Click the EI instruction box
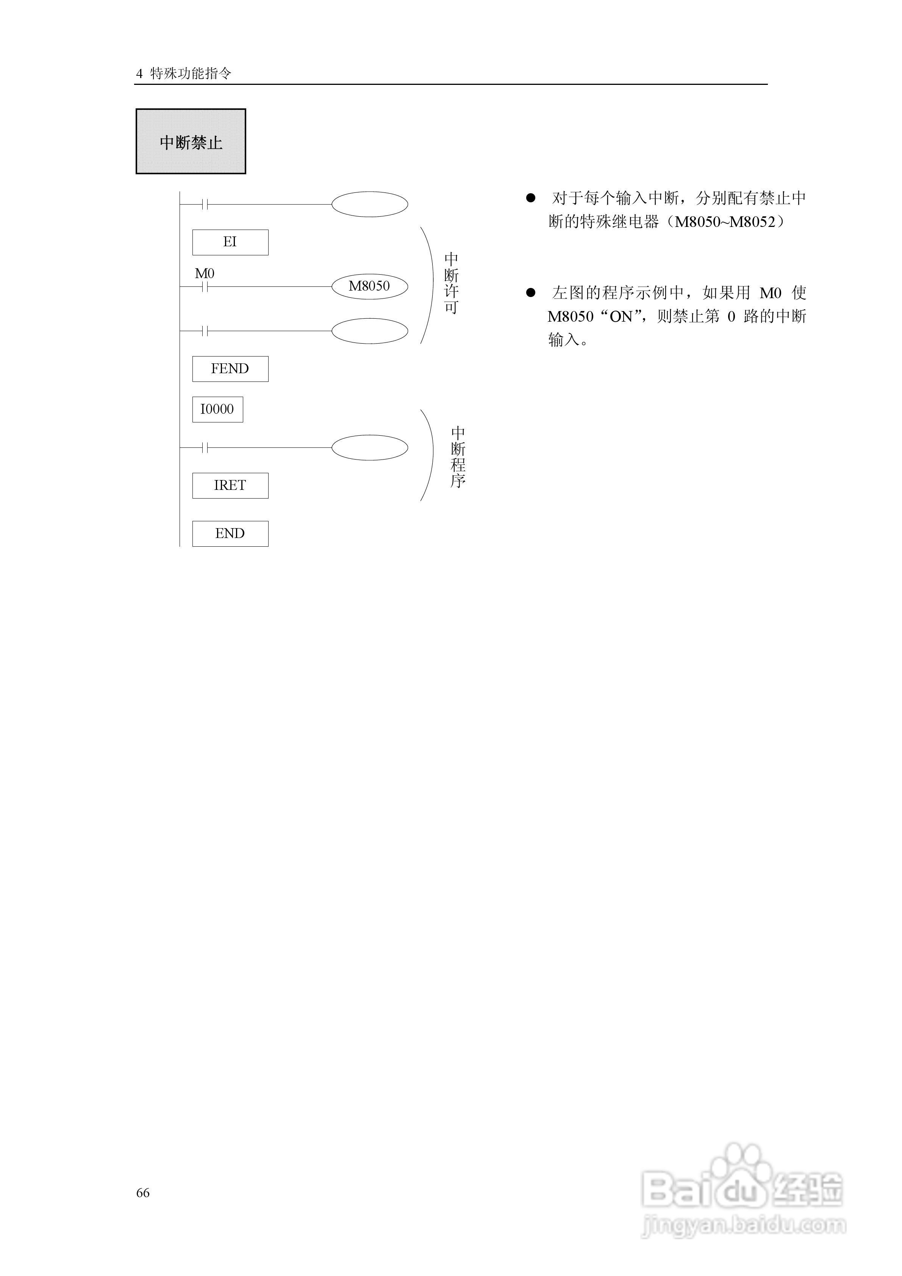[x=230, y=242]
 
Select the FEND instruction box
[x=230, y=369]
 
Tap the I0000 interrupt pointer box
[x=217, y=410]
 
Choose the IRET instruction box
[x=230, y=486]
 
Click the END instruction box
[x=230, y=533]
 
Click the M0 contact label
[x=205, y=274]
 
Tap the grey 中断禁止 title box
[x=191, y=142]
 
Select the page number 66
[x=143, y=1193]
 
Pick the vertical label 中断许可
[x=451, y=283]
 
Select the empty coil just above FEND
[x=370, y=331]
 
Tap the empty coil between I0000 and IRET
[x=370, y=448]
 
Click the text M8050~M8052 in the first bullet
[x=725, y=222]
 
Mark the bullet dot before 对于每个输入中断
[x=531, y=198]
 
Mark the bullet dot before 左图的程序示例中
[x=531, y=292]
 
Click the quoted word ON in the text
[x=621, y=317]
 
